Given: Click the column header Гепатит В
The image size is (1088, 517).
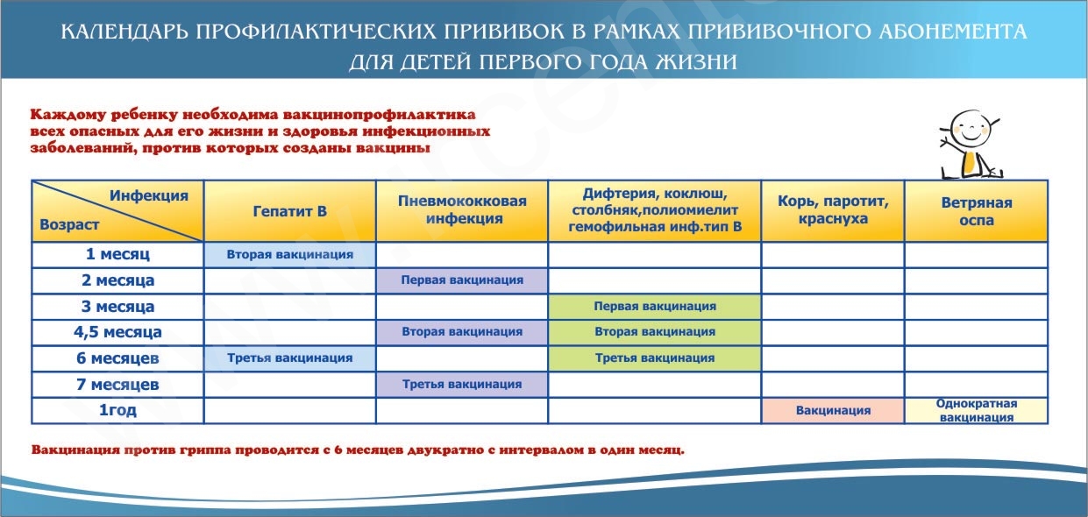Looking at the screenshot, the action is point(290,211).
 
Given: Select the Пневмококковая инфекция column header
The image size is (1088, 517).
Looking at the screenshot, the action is point(462,209).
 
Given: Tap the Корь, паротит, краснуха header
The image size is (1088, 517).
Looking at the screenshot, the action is point(833,209).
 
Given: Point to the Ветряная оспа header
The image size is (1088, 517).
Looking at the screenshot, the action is point(977,211).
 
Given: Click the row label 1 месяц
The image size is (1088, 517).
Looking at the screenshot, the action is point(117,254).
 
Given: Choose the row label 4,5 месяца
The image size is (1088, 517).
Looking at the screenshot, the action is point(117,332).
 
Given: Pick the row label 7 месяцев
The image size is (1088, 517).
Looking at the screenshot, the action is point(117,385).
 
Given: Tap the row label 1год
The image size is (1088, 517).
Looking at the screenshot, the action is point(117,410).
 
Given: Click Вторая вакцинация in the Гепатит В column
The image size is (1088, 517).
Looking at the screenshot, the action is point(290,254).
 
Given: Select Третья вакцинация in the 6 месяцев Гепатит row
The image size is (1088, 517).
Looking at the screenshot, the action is point(290,358).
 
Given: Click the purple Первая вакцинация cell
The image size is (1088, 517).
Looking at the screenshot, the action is point(462,280).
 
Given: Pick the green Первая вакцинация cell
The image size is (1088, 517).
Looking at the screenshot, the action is point(655,307).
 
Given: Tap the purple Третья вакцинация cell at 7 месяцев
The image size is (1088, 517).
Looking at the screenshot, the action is point(462,385).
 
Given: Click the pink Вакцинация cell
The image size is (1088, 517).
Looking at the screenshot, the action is point(833,410).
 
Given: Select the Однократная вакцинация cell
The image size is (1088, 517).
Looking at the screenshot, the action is point(977,410).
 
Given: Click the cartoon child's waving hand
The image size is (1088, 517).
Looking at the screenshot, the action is point(946,143).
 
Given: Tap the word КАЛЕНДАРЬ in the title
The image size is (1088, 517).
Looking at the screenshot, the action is point(124,32).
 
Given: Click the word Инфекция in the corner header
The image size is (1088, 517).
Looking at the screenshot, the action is point(149,195).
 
